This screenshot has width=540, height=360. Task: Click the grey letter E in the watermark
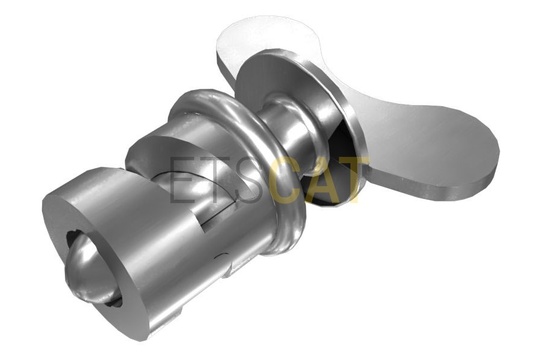click(x=183, y=179)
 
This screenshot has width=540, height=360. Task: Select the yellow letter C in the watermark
click(x=286, y=179)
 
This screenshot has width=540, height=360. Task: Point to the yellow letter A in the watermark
click(x=320, y=179)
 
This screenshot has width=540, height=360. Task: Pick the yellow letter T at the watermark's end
click(x=353, y=179)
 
